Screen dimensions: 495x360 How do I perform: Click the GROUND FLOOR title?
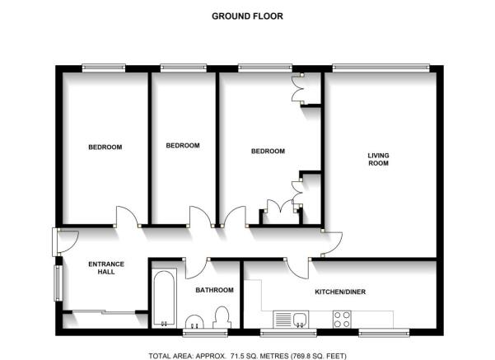click(x=247, y=16)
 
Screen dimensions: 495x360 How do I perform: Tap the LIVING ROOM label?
click(x=378, y=159)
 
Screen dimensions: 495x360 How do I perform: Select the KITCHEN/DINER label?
click(x=340, y=292)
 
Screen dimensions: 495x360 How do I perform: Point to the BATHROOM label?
click(x=214, y=290)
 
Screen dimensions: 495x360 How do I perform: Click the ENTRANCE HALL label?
click(x=106, y=268)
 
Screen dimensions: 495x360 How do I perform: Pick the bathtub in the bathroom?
click(x=164, y=298)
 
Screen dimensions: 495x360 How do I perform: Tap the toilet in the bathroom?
click(x=222, y=317)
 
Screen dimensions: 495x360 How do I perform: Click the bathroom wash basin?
click(x=194, y=322)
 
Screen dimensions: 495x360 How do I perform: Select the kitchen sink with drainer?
click(x=291, y=320)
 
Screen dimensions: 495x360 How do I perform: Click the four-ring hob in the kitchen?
click(x=342, y=320)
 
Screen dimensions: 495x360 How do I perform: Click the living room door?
click(x=332, y=243)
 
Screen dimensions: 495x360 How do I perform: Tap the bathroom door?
click(x=196, y=269)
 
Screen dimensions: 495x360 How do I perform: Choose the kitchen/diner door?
click(x=298, y=268)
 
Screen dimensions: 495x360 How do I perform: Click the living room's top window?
click(x=381, y=68)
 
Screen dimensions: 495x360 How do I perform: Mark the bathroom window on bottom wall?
click(x=206, y=333)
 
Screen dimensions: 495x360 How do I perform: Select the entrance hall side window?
click(x=58, y=283)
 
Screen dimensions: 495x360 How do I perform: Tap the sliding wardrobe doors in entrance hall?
click(x=104, y=312)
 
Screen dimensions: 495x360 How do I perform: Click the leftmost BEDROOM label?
click(x=105, y=147)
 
